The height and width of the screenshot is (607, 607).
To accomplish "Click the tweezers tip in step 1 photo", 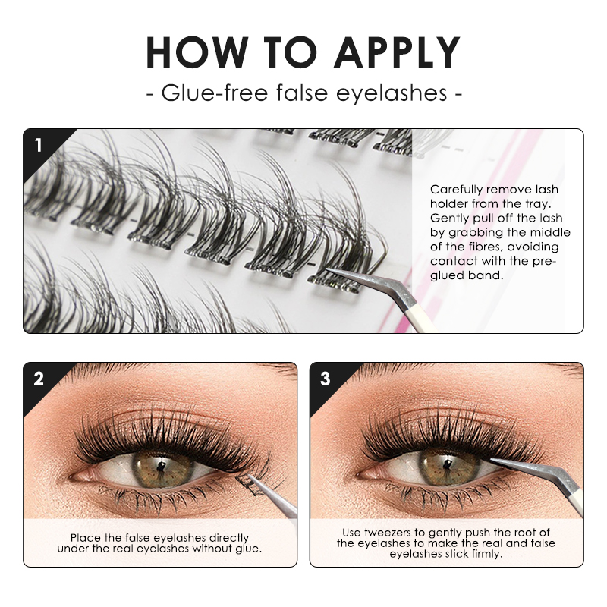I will (329, 271).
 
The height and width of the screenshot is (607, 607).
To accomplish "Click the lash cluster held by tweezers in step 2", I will (247, 480).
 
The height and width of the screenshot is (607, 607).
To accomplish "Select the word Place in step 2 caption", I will (85, 537).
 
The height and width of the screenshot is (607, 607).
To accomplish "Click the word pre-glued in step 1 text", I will (543, 261).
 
